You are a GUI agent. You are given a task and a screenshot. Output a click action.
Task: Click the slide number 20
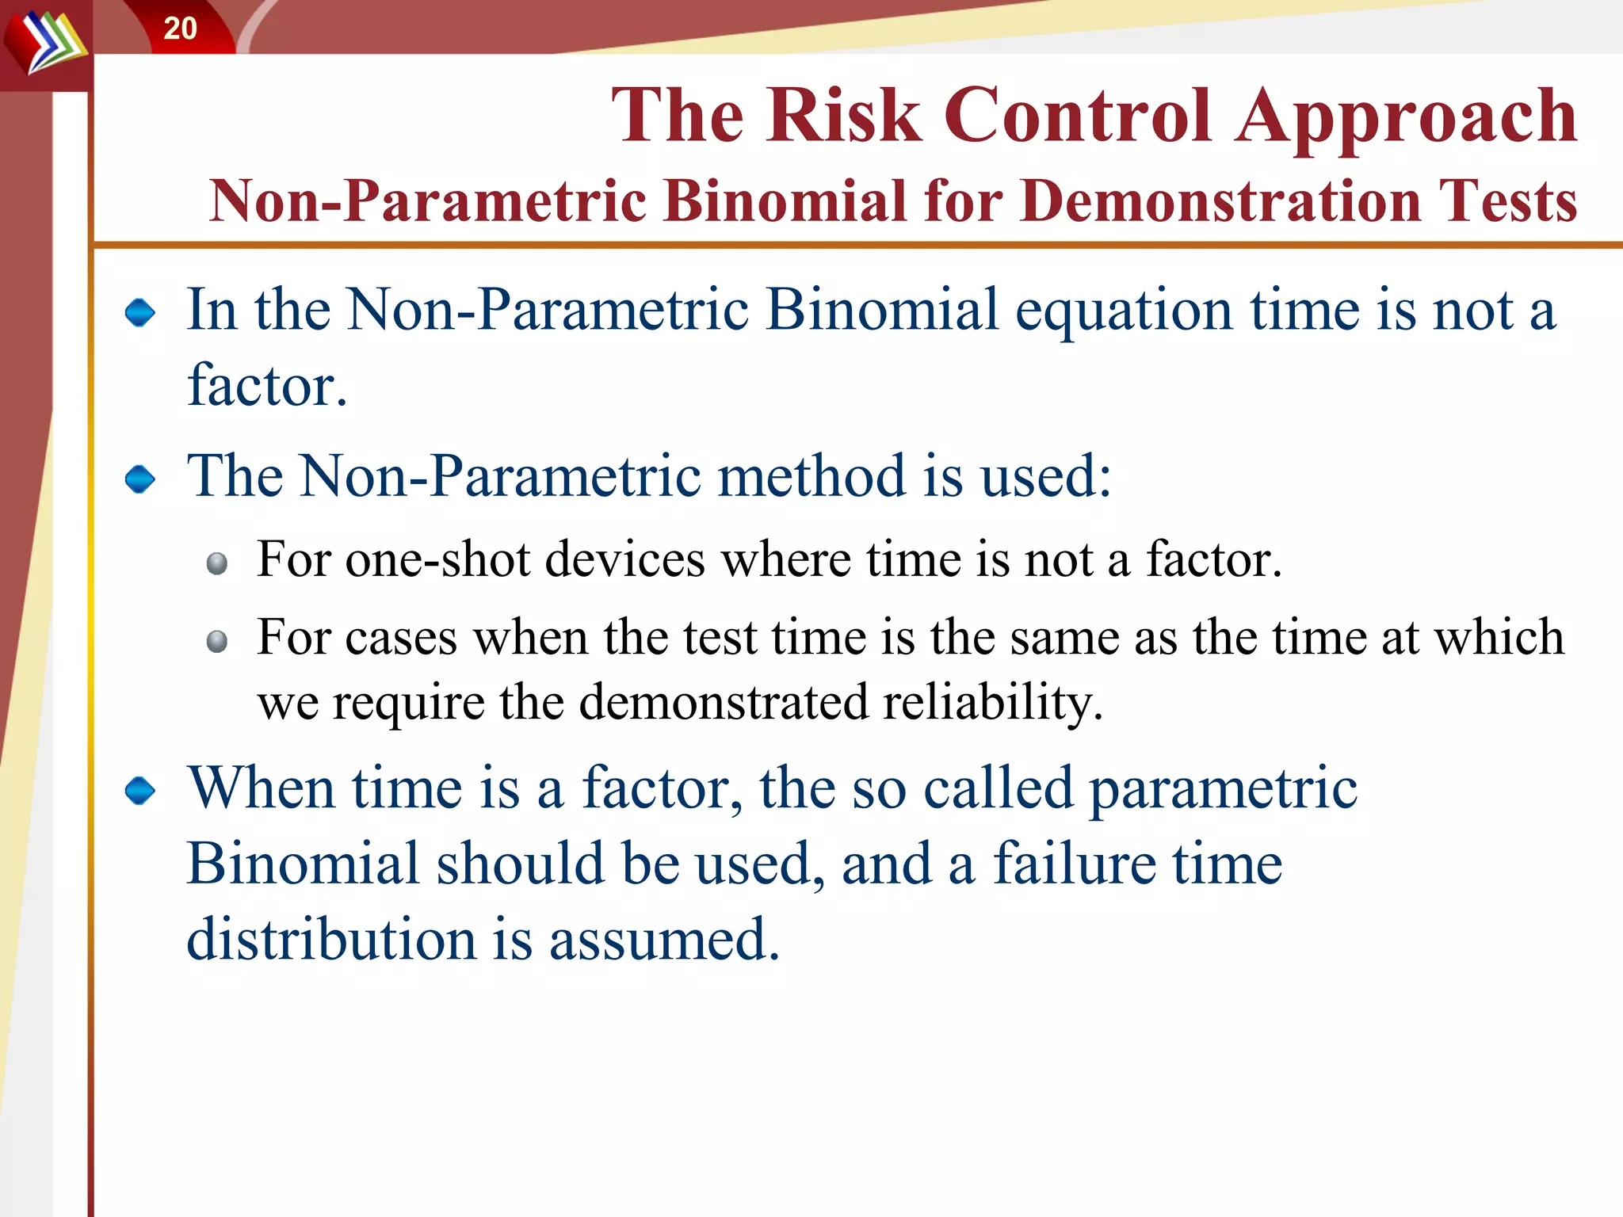pyautogui.click(x=180, y=29)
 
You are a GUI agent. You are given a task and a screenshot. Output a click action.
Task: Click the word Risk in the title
pyautogui.click(x=843, y=116)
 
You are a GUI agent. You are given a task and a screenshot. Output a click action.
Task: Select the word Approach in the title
pyautogui.click(x=1406, y=119)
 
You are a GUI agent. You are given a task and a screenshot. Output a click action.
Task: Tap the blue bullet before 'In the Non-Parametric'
pyautogui.click(x=140, y=312)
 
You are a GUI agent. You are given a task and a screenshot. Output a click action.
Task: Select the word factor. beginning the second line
pyautogui.click(x=267, y=386)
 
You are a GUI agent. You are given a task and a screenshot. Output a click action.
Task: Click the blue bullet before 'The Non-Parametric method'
pyautogui.click(x=140, y=479)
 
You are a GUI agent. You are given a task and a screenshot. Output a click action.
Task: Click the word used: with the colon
pyautogui.click(x=1045, y=477)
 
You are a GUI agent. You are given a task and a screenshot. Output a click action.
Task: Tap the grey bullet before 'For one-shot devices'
pyautogui.click(x=216, y=563)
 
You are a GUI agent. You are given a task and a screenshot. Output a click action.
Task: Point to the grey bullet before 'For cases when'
pyautogui.click(x=216, y=641)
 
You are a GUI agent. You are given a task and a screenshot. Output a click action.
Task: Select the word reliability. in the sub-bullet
pyautogui.click(x=992, y=703)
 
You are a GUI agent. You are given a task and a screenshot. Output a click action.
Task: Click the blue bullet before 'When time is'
pyautogui.click(x=140, y=790)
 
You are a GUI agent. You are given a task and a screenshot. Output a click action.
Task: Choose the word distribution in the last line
pyautogui.click(x=330, y=940)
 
